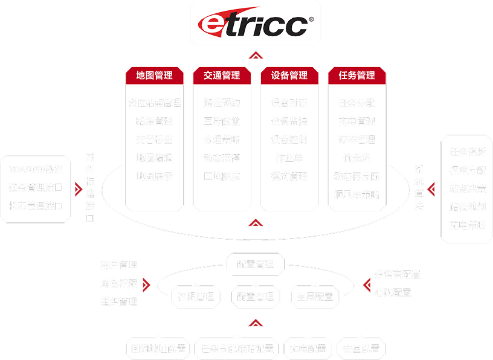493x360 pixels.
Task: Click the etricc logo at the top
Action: click(256, 24)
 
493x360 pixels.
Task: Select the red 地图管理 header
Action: click(155, 76)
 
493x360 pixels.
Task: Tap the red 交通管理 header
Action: click(222, 76)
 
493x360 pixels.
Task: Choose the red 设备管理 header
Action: click(289, 76)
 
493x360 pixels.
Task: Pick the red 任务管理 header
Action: click(357, 76)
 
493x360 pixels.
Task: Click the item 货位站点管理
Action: click(155, 103)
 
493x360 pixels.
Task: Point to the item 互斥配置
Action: click(222, 121)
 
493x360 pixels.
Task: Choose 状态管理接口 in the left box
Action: click(36, 205)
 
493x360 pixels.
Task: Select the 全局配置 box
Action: click(315, 297)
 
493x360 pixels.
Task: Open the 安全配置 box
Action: click(361, 349)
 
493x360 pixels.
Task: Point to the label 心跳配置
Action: click(393, 292)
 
